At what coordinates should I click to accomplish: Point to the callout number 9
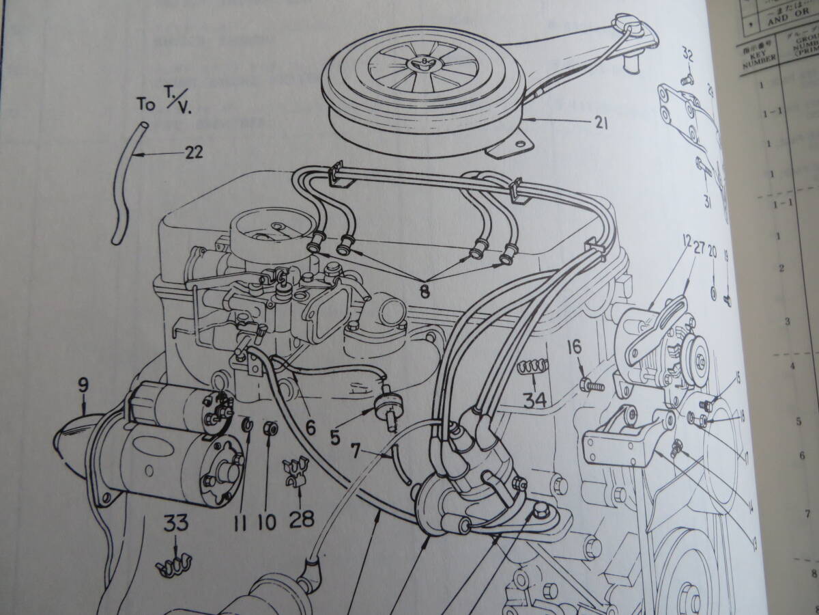pos(83,385)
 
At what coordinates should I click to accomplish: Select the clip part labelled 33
pos(173,564)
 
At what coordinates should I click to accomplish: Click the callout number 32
pos(688,73)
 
